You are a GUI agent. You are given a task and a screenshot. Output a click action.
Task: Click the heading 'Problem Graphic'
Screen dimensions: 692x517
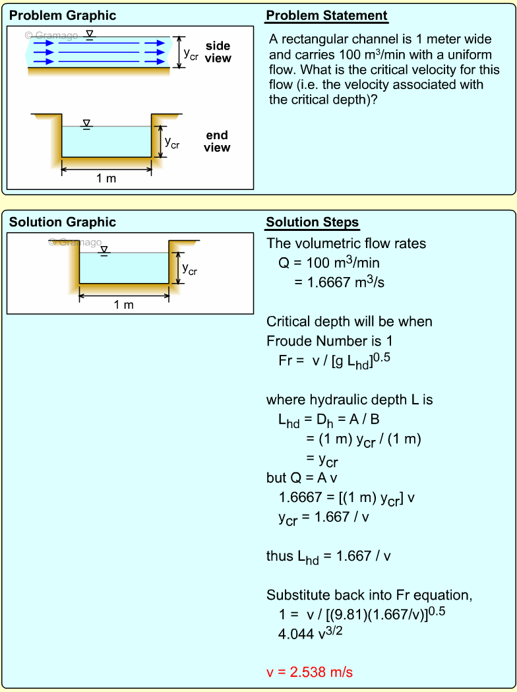pyautogui.click(x=63, y=15)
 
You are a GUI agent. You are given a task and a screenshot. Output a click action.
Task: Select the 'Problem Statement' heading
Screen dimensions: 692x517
pyautogui.click(x=326, y=16)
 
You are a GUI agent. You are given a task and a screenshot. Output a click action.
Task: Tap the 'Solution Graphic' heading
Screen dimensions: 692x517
pyautogui.click(x=63, y=222)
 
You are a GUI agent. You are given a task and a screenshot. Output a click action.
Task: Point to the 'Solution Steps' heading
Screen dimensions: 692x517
pyautogui.click(x=313, y=222)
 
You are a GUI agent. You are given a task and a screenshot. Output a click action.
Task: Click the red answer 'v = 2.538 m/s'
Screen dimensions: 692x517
pyautogui.click(x=309, y=672)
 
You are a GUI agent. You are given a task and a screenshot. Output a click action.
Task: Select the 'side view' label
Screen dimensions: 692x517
pyautogui.click(x=218, y=52)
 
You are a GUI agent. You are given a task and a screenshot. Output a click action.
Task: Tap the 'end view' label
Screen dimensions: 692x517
pyautogui.click(x=216, y=141)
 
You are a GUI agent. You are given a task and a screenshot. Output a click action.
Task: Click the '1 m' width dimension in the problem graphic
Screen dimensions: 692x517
pyautogui.click(x=106, y=178)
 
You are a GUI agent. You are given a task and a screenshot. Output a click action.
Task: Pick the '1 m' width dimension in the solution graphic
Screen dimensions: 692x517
pyautogui.click(x=123, y=305)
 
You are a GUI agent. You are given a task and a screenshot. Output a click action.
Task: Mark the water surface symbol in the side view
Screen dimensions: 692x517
pyautogui.click(x=90, y=34)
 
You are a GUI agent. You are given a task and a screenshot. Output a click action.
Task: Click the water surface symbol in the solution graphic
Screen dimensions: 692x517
pyautogui.click(x=104, y=251)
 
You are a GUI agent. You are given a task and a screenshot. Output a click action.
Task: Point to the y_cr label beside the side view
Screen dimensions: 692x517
pyautogui.click(x=191, y=54)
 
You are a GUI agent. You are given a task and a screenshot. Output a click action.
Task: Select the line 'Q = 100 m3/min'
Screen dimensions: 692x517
pyautogui.click(x=328, y=263)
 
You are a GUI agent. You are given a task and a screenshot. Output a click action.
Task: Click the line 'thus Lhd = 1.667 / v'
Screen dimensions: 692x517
pyautogui.click(x=328, y=556)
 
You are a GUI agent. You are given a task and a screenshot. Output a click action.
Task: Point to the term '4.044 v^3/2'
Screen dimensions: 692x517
pyautogui.click(x=311, y=633)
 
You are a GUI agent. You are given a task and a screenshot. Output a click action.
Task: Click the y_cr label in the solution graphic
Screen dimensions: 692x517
pyautogui.click(x=189, y=269)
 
